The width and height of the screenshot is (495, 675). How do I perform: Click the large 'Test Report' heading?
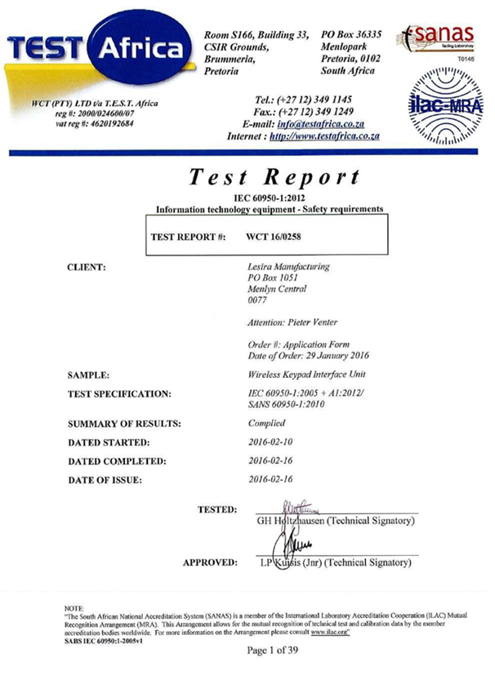pos(274,176)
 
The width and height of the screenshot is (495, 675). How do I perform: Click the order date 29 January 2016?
pos(319,356)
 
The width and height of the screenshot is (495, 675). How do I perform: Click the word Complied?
pos(266,423)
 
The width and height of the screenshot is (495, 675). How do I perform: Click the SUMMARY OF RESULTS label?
pos(123,424)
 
